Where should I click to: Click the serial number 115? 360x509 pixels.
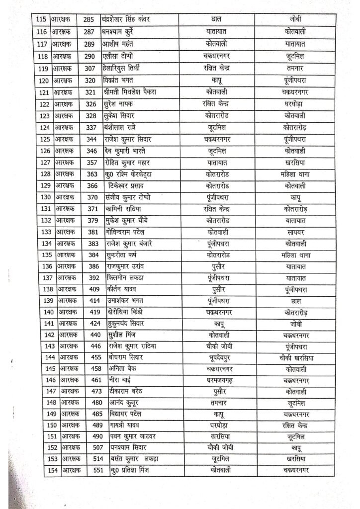[42, 19]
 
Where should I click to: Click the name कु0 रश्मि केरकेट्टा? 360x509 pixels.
[131, 174]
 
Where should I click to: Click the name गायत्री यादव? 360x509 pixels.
[124, 425]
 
